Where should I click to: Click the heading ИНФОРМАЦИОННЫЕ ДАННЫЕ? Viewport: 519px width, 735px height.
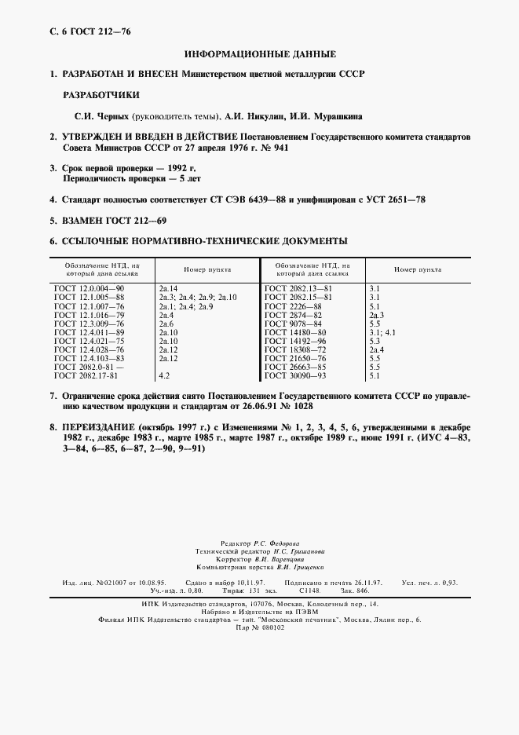point(260,54)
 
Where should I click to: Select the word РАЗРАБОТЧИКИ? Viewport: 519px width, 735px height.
point(101,95)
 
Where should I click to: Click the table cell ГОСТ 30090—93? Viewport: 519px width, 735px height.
point(295,376)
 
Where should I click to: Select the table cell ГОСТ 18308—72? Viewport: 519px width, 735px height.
point(295,350)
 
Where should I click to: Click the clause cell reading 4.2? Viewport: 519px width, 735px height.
point(165,376)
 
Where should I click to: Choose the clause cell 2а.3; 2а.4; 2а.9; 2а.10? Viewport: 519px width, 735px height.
point(197,298)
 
